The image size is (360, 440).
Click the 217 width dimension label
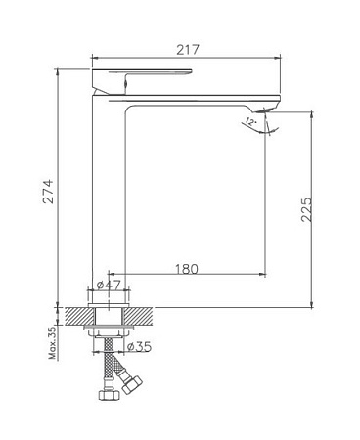[x=188, y=50]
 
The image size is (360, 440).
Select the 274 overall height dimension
[x=48, y=192]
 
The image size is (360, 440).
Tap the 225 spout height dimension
[x=306, y=209]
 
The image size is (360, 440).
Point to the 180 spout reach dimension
[x=187, y=269]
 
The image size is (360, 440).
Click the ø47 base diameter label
[x=109, y=285]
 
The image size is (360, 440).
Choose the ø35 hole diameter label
[x=139, y=346]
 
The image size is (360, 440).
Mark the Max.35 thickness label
[x=53, y=343]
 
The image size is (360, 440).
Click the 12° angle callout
[x=250, y=122]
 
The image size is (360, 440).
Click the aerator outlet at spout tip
[x=266, y=110]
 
